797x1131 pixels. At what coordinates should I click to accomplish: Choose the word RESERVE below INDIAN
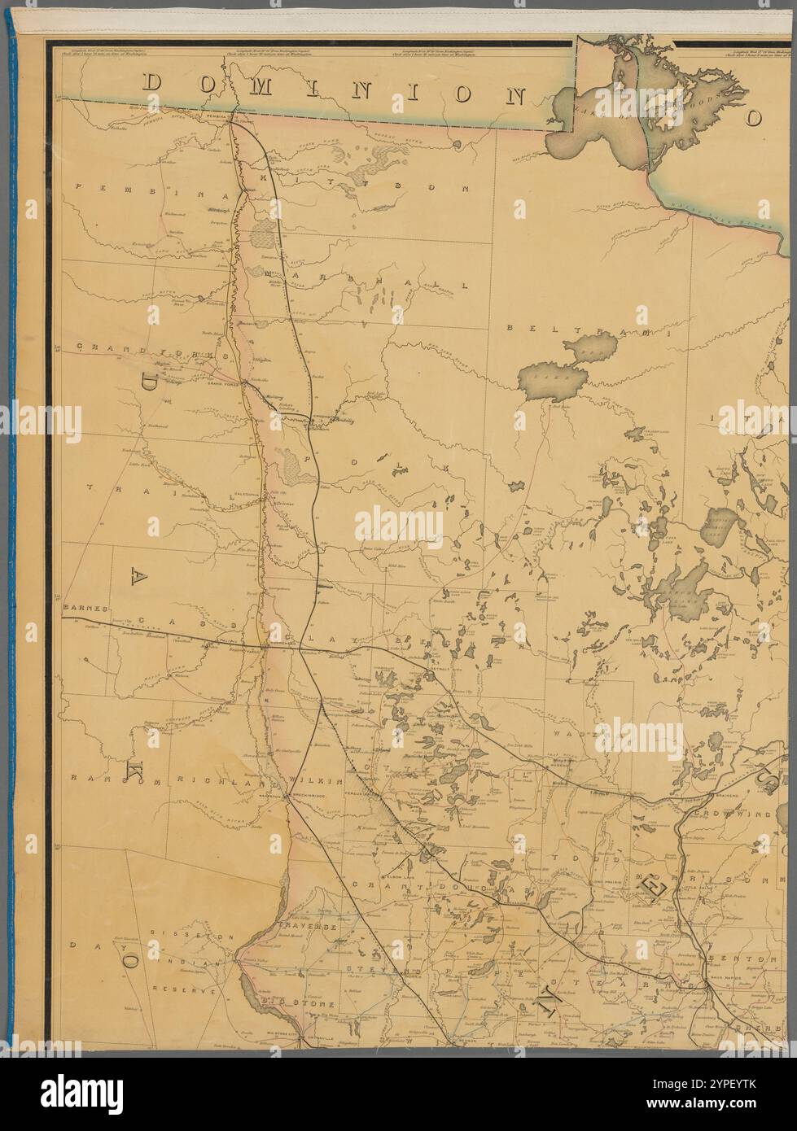point(187,992)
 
